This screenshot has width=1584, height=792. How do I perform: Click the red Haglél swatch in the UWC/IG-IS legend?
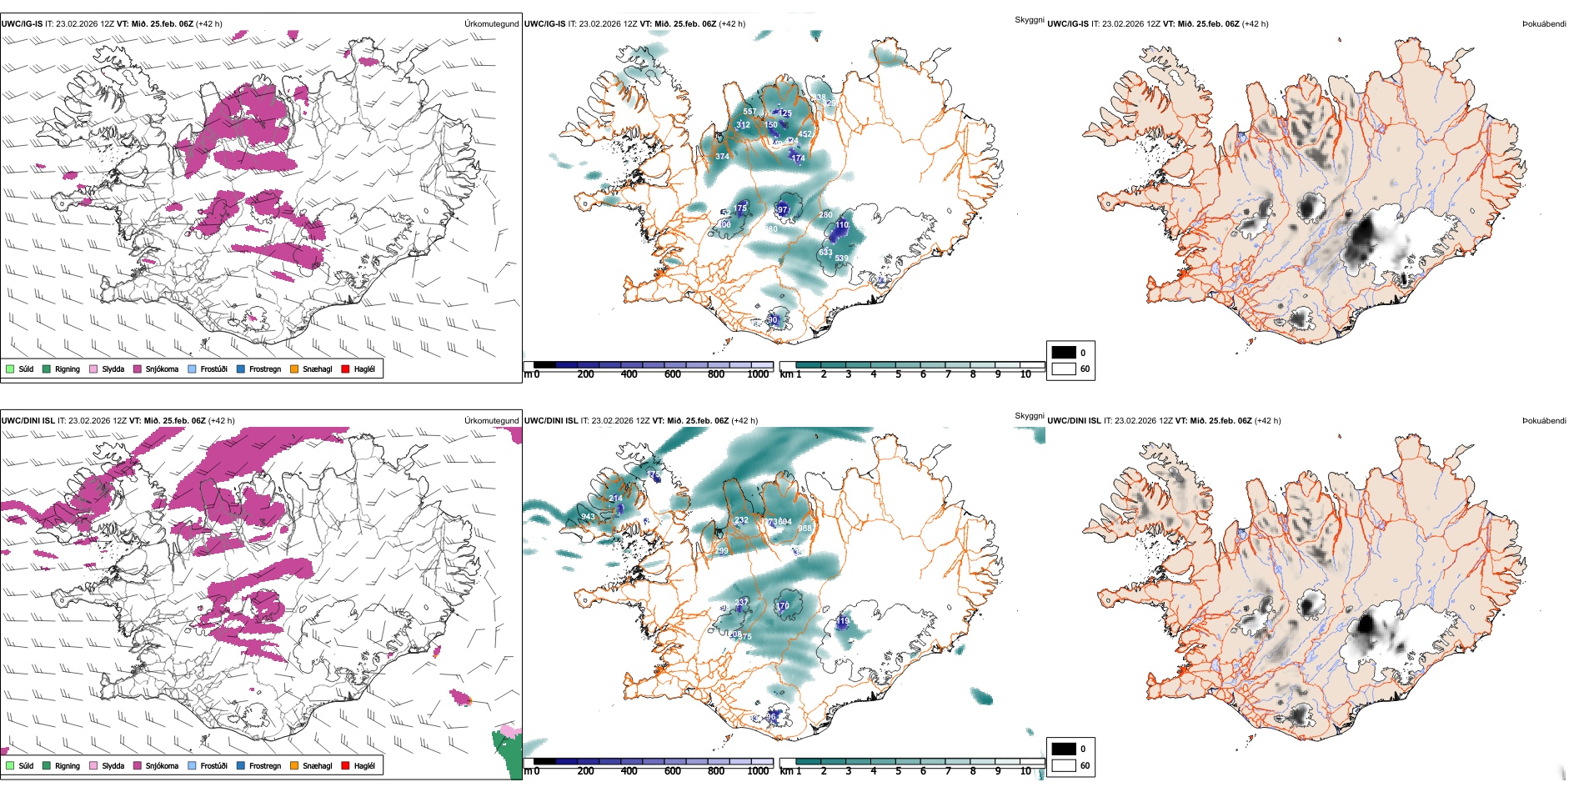point(345,368)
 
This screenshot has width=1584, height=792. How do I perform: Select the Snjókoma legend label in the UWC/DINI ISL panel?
point(162,765)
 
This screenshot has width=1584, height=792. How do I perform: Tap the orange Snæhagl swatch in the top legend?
point(294,368)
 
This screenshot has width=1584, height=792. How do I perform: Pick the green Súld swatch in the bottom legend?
point(10,765)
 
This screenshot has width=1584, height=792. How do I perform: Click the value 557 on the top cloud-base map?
point(749,111)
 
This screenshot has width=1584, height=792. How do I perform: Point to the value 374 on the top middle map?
point(722,156)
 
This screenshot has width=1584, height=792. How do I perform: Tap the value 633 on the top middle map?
point(825,252)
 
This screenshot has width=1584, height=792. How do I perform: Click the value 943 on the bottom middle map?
point(589,517)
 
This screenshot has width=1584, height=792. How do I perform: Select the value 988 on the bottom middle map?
point(805,529)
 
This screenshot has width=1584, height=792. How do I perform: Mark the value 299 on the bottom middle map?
point(722,551)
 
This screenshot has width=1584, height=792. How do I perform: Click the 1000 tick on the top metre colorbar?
point(758,374)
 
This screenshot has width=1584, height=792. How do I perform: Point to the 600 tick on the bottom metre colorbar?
point(672,771)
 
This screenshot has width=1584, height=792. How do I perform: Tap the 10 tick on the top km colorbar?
point(1025,374)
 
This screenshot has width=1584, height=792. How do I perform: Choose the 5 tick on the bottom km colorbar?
point(898,771)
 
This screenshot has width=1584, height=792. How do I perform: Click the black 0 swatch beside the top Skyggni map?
point(1064,352)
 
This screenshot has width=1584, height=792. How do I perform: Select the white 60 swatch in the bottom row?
point(1064,765)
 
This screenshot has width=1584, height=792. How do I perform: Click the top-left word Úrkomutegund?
point(491,24)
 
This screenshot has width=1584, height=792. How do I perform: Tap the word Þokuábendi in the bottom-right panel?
point(1544,421)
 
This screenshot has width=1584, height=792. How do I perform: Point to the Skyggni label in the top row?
point(1029,19)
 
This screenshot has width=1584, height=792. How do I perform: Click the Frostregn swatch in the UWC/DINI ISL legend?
point(241,765)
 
